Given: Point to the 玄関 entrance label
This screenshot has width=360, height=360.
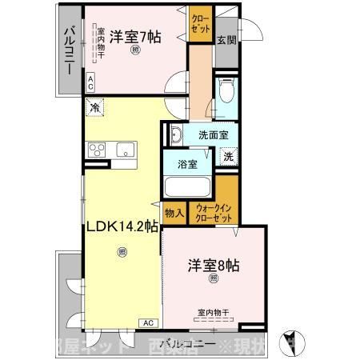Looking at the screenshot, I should click(227, 38).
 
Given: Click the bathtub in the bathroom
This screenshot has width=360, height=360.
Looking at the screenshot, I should click(187, 188).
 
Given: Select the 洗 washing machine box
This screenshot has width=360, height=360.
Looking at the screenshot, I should click(228, 157).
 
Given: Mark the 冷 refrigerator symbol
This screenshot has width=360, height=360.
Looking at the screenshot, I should click(95, 106).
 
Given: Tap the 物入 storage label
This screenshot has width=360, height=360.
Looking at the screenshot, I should click(174, 213).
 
